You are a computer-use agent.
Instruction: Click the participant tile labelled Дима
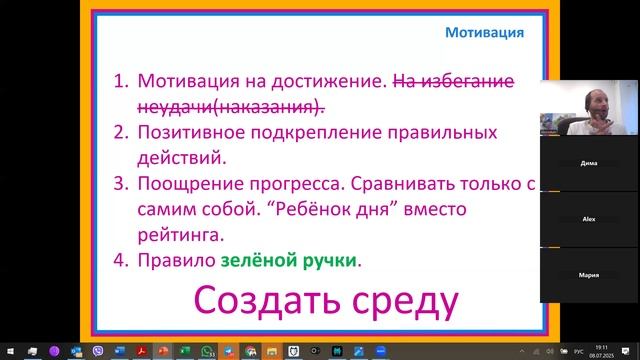589,161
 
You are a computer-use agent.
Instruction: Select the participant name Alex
589,218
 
